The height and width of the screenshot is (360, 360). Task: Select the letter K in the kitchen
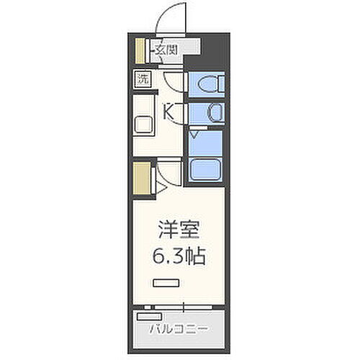pyautogui.click(x=169, y=112)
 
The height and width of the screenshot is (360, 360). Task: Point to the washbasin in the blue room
pyautogui.click(x=215, y=112)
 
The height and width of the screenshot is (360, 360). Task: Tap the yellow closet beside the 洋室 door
pyautogui.click(x=141, y=178)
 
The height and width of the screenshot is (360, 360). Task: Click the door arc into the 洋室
pyautogui.click(x=168, y=174)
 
